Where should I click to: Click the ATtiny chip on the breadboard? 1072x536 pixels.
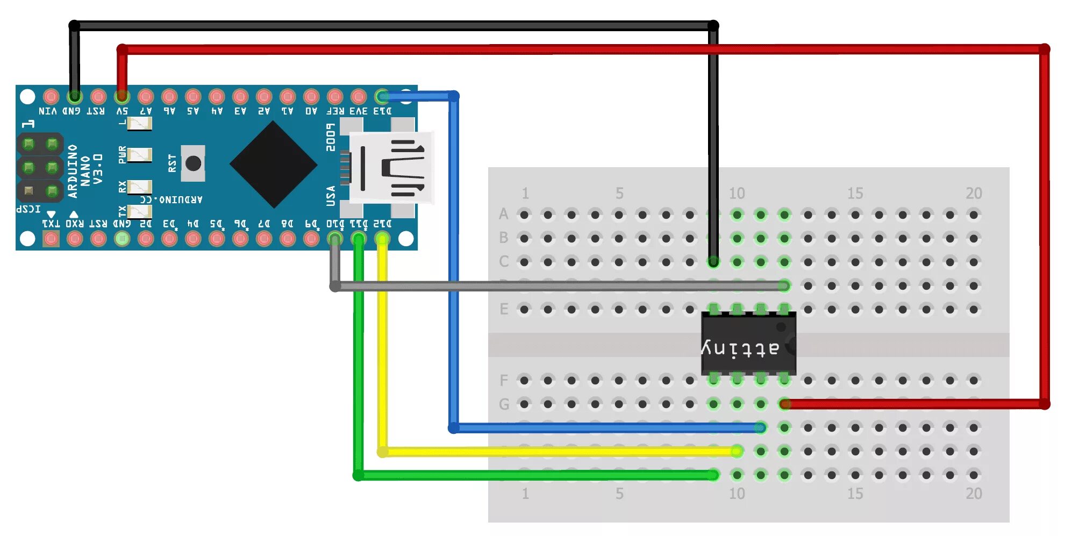(x=748, y=344)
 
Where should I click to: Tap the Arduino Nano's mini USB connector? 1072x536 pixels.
(x=391, y=167)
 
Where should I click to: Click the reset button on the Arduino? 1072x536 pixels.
(x=193, y=163)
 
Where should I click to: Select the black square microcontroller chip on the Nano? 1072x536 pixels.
(x=273, y=164)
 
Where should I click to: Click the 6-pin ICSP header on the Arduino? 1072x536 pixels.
(x=40, y=167)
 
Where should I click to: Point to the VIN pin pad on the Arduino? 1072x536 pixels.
(x=51, y=97)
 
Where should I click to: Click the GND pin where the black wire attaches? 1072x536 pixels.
(x=75, y=97)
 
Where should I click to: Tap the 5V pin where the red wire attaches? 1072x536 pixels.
(x=122, y=97)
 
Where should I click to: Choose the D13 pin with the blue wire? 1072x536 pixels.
(x=382, y=97)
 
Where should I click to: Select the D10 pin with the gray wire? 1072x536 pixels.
(x=335, y=238)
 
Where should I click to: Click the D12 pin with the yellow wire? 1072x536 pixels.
(x=382, y=238)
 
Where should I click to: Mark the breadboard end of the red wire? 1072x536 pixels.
(x=785, y=404)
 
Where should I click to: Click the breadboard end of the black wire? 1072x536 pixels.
(x=713, y=262)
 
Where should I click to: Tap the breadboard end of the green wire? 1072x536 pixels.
(x=713, y=475)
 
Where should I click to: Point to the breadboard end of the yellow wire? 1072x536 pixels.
(x=737, y=451)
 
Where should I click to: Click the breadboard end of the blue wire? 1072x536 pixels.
(x=761, y=427)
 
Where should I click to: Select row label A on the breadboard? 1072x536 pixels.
(x=503, y=214)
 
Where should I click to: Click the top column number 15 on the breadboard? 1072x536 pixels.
(x=855, y=193)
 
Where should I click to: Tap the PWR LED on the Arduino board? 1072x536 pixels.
(x=139, y=155)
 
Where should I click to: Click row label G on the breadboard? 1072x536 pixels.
(x=503, y=404)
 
